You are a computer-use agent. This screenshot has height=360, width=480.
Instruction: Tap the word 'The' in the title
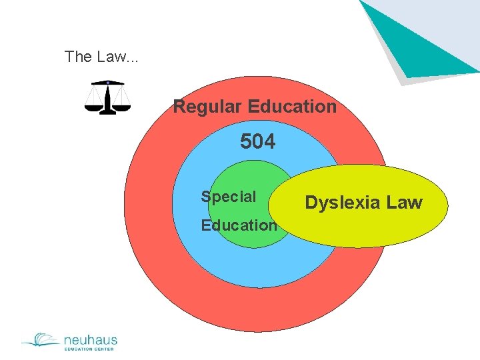[x=77, y=57]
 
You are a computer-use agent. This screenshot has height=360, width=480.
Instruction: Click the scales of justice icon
[x=107, y=97]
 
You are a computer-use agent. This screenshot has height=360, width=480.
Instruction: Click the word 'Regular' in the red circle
[x=207, y=107]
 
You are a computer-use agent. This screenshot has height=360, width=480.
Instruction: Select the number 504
[x=257, y=142]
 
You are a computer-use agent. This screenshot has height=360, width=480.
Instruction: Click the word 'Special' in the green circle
[x=229, y=197]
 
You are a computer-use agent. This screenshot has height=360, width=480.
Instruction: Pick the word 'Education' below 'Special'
[x=239, y=225]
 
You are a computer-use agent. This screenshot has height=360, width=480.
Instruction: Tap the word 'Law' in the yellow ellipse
[x=405, y=203]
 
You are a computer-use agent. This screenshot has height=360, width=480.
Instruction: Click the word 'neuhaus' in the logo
[x=90, y=339]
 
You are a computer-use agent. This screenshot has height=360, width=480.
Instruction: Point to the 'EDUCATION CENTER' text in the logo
[x=90, y=349]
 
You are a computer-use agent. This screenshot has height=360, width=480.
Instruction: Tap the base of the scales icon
[x=107, y=113]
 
